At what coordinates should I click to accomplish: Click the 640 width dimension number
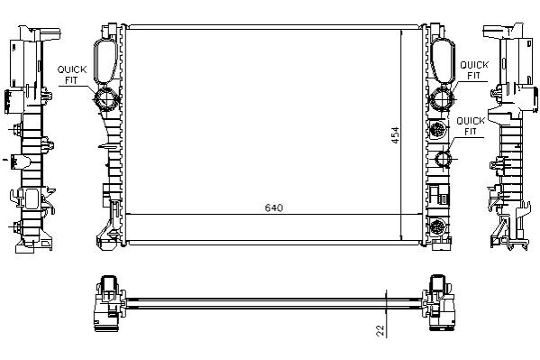274,208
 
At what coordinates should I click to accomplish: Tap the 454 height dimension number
396,135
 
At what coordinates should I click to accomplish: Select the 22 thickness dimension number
380,330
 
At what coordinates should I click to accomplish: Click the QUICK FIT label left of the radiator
71,75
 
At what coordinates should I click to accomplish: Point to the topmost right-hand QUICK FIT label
474,70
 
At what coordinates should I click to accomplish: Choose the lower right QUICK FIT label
471,125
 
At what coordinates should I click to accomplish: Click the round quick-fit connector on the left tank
106,99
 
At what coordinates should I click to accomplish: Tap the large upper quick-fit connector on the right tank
441,99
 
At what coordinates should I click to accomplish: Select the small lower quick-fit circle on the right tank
443,160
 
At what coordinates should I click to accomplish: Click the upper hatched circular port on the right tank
438,130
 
